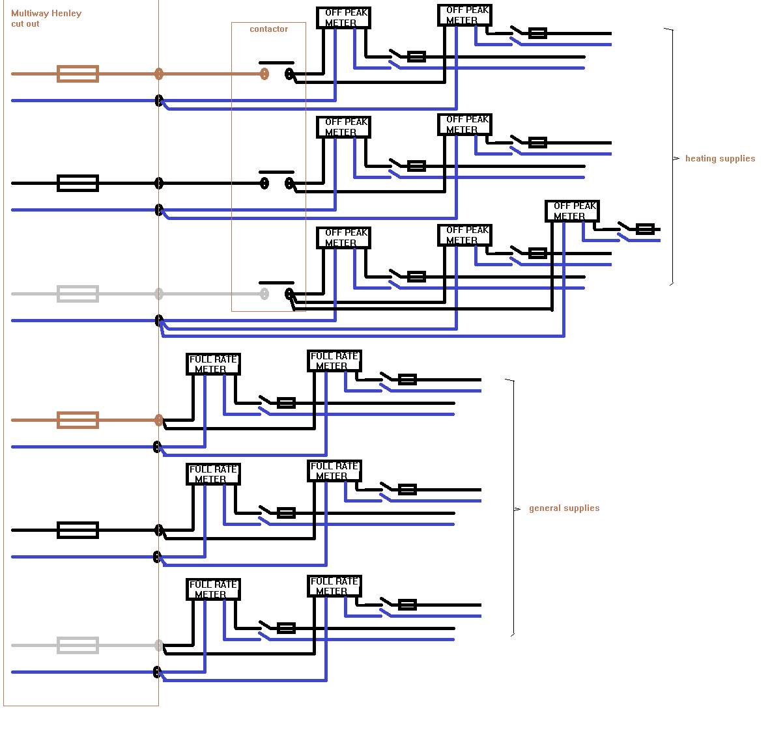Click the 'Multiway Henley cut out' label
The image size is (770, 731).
coord(46,18)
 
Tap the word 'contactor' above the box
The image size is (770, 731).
coord(268,29)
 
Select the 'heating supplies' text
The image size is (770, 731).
coord(720,158)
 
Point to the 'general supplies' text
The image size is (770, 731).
coord(564,508)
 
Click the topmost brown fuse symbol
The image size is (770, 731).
coord(78,74)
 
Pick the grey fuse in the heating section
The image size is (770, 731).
coord(78,294)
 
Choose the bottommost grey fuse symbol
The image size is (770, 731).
coord(78,645)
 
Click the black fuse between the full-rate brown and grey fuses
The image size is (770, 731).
coord(78,530)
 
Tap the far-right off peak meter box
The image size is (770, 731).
coord(572,211)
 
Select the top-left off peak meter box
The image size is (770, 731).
coord(343,18)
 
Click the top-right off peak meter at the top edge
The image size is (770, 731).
coord(464,15)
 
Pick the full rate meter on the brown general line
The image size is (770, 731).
coord(213,364)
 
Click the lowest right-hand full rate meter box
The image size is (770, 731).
coord(334,586)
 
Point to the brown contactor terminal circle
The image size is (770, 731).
coord(264,74)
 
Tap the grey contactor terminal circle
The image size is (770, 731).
coord(264,294)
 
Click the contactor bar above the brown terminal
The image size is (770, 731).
coord(276,63)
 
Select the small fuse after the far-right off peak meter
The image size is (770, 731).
coord(645,229)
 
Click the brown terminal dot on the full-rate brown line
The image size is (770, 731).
coord(158,420)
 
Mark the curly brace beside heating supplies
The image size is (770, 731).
coord(672,158)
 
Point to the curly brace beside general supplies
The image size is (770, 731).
coord(513,508)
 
